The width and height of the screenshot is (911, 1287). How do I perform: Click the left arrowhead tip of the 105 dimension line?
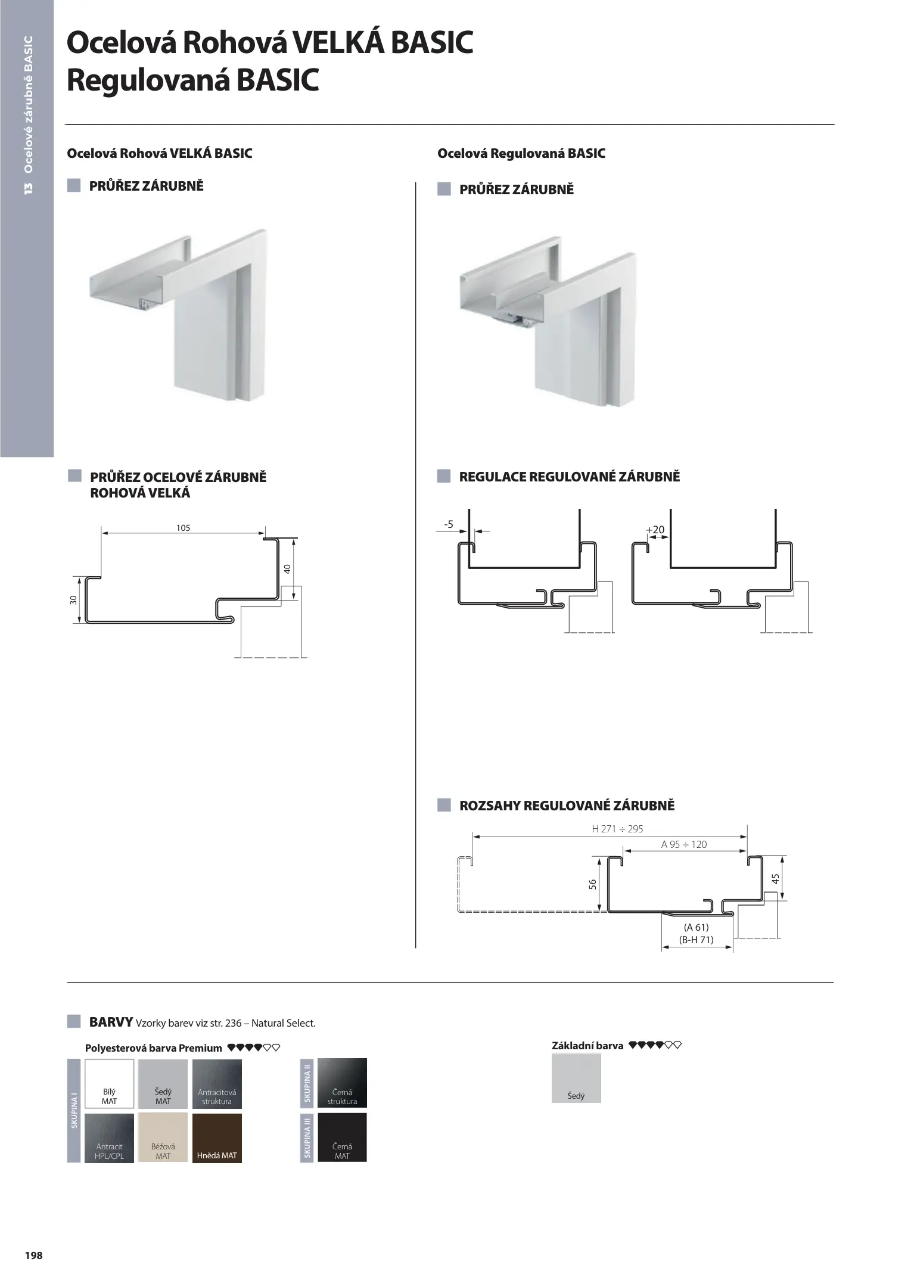coord(101,533)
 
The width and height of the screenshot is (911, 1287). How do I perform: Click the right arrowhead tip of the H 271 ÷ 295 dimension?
coord(747,837)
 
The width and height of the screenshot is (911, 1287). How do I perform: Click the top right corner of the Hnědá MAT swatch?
coord(242,1113)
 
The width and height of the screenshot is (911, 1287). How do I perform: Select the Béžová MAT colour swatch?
coord(163,1137)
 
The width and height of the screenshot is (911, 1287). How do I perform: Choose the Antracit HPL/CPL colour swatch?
coord(110,1137)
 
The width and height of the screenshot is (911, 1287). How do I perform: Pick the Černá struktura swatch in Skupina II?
coord(342,1083)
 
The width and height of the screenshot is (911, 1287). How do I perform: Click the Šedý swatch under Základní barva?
coord(576,1078)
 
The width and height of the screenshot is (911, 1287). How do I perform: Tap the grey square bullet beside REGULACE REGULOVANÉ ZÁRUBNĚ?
coord(444,476)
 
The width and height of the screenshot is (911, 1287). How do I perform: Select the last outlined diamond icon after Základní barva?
coord(677,1045)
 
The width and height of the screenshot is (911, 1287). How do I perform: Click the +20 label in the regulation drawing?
coord(655,530)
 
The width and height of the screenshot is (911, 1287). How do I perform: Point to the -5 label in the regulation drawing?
coord(449,524)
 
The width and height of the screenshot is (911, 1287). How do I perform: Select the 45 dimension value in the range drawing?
coord(775,879)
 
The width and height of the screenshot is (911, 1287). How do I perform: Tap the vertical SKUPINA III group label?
coord(307,1137)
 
